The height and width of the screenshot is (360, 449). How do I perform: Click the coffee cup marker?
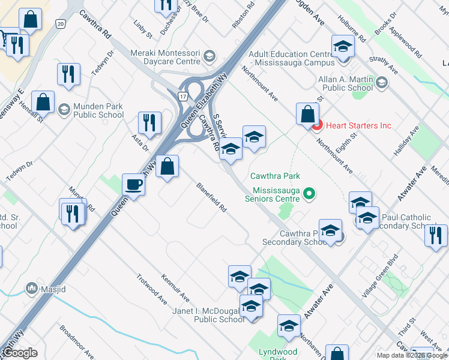133,184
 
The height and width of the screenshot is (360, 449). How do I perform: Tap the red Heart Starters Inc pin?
316,125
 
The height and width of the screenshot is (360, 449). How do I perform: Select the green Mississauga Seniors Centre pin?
309,193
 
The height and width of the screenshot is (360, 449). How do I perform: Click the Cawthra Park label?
275,176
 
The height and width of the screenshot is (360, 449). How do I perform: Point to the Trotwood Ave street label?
151,289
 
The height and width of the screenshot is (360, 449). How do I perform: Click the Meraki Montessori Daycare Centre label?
160,57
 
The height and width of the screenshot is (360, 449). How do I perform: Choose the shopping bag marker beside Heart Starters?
307,114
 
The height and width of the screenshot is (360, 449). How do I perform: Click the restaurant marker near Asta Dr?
149,122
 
